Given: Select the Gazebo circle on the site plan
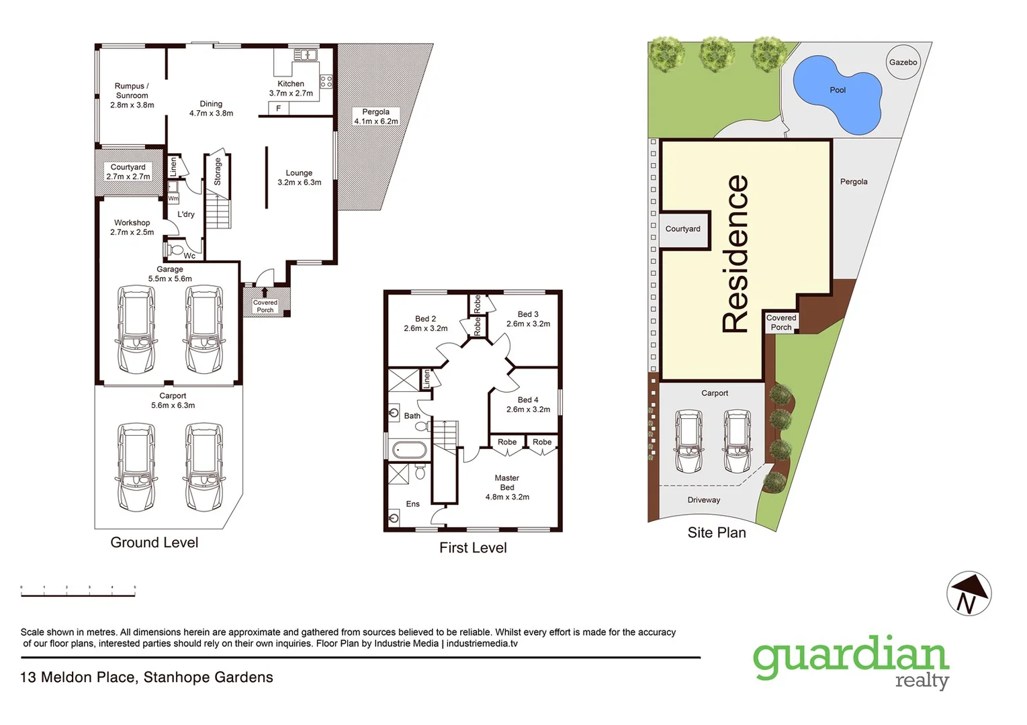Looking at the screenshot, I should (903, 62).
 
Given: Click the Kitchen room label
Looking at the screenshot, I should (291, 89).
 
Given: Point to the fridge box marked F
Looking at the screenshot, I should (278, 108).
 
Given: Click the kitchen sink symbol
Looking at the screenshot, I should (305, 54).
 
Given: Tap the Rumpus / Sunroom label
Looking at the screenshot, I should (132, 95).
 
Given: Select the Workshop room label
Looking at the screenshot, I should (132, 227).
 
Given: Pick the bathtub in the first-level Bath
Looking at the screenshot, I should (408, 450).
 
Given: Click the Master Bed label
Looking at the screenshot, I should (507, 487).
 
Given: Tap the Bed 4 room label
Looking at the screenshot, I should (528, 404).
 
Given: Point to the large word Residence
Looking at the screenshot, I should (735, 254).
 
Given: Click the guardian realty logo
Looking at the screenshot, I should (850, 661).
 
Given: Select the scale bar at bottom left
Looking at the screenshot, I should (78, 591).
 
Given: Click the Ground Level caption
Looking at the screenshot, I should (154, 542).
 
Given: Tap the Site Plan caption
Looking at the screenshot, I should (717, 532).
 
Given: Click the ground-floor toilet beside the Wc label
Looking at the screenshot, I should (175, 250).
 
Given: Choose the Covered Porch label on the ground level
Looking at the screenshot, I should (265, 306).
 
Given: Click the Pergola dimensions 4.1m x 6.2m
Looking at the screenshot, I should (376, 122).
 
